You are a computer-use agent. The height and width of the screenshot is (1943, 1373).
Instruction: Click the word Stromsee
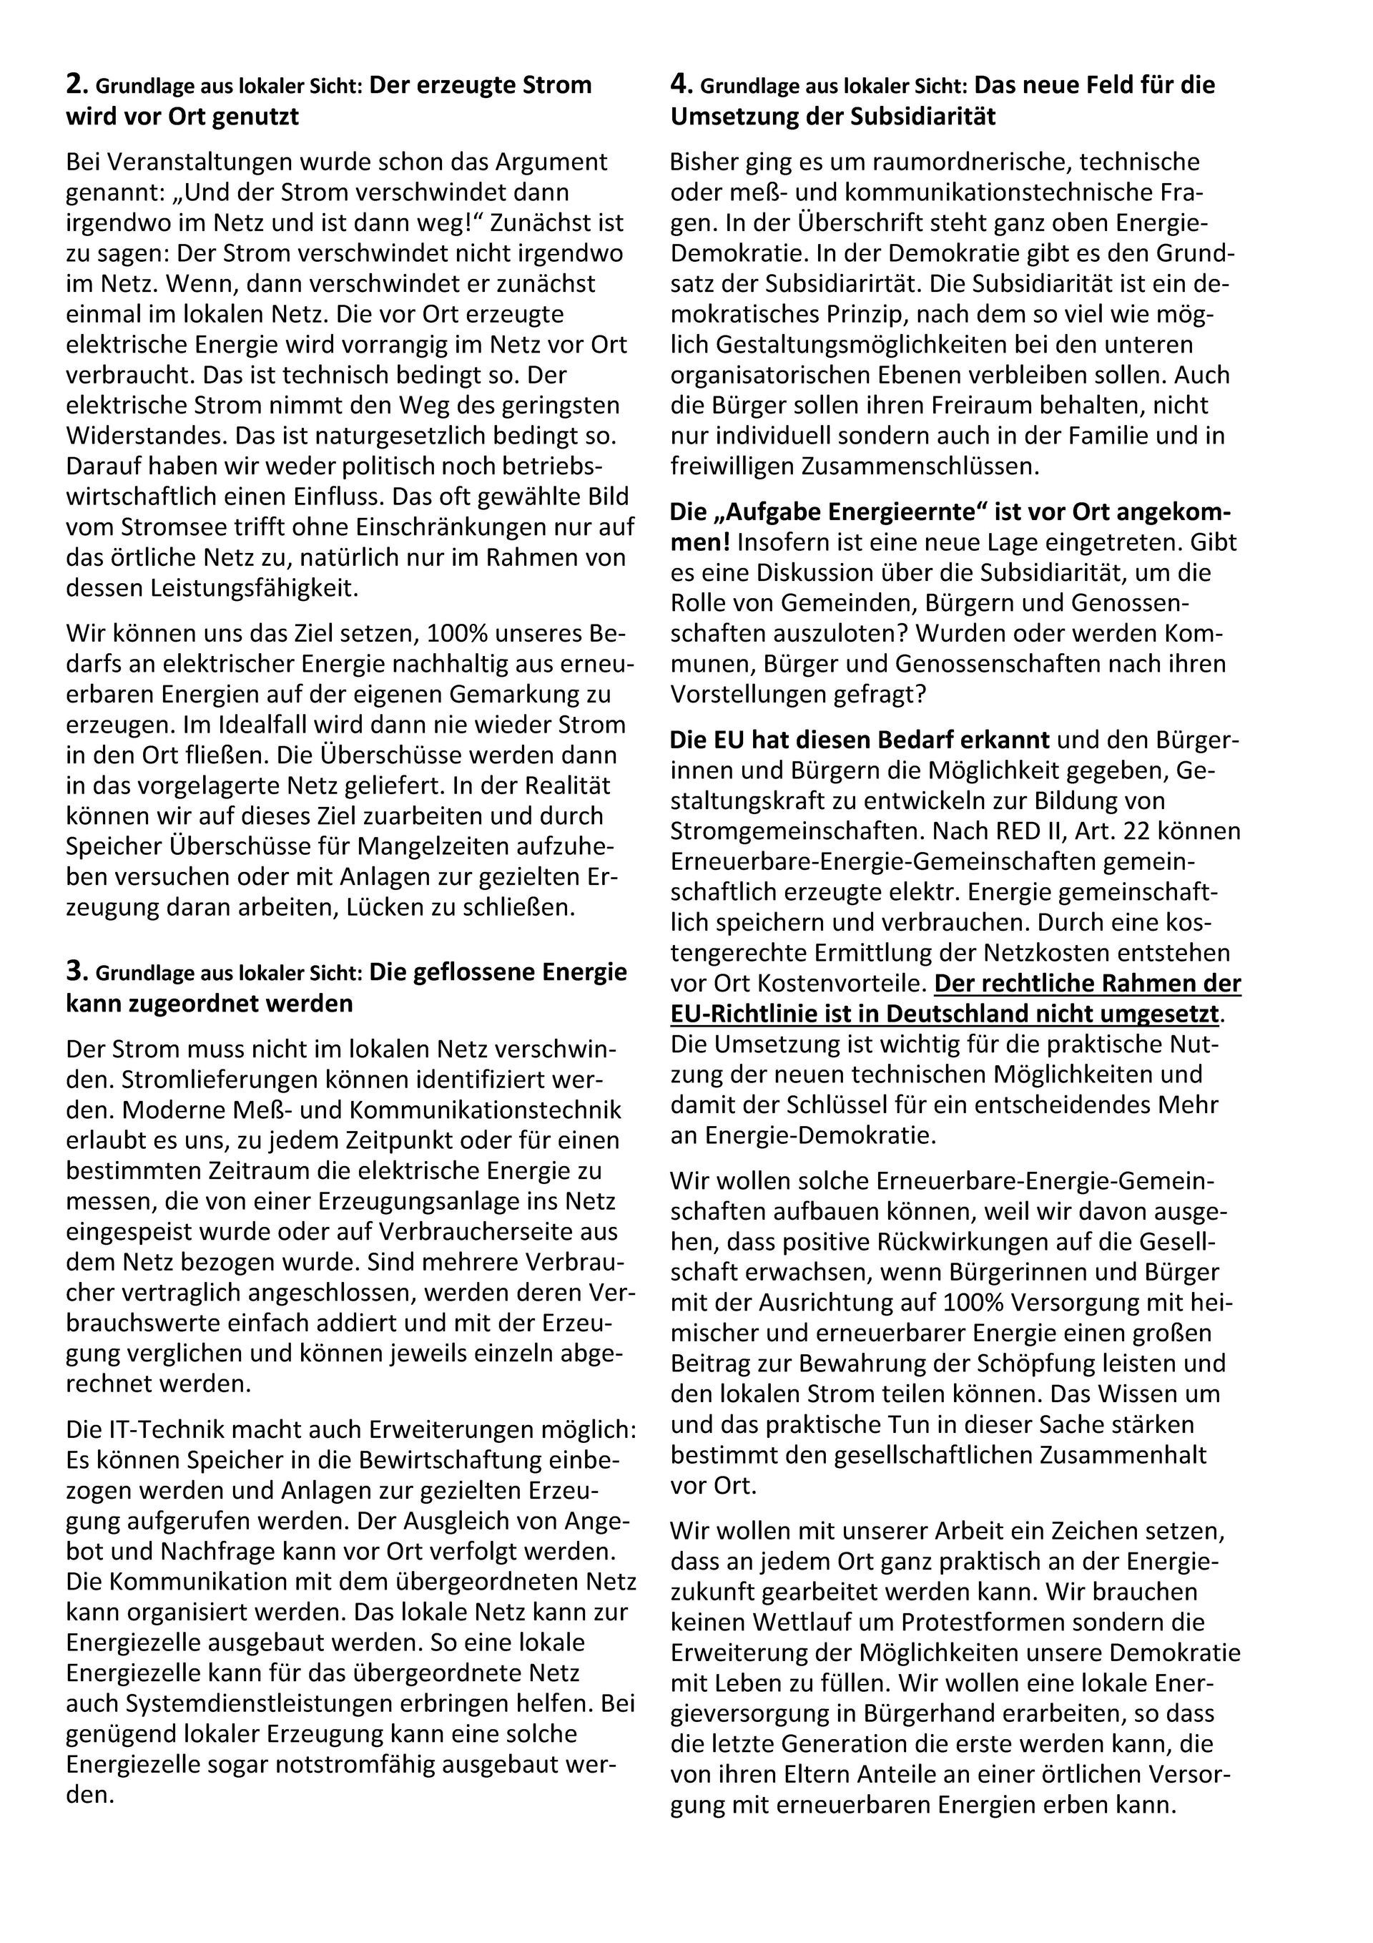tap(162, 527)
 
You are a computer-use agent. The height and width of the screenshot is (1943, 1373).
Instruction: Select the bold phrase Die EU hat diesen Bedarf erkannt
tap(860, 740)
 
